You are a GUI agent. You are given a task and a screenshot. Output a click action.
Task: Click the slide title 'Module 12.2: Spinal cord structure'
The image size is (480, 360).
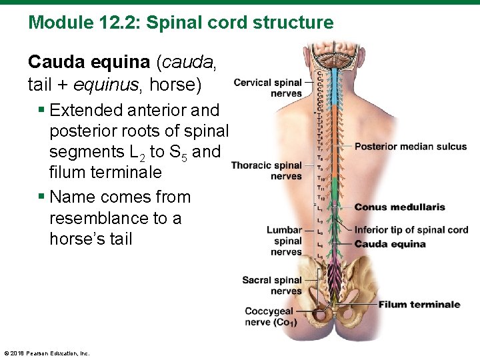coord(181,23)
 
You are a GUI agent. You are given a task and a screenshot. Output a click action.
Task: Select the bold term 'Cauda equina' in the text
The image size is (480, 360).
coord(89,62)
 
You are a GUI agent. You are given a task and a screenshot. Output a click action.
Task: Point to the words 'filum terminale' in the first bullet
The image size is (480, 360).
coord(105,173)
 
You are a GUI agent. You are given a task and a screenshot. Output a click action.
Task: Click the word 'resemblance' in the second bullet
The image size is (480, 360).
coord(101,218)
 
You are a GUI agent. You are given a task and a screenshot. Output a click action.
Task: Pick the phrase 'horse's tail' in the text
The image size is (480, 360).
coord(91,239)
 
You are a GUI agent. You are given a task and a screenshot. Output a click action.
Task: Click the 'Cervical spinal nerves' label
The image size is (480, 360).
coord(267,88)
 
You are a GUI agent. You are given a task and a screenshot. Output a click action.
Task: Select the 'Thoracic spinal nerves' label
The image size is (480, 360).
coord(267,171)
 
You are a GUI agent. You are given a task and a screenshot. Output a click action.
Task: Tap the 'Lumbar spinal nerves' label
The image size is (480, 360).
coord(285,241)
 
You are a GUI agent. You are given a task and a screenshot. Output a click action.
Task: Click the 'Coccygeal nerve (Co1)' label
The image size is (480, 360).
coord(271,317)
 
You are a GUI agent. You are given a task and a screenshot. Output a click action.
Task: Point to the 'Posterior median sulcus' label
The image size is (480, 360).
coord(411,147)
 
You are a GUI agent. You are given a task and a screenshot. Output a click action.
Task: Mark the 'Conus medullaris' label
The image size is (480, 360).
coord(400,207)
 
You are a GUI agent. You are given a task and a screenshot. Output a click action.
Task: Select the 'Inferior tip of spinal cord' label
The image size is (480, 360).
coord(411,230)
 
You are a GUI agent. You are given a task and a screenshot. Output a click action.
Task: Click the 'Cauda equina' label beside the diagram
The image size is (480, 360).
coord(390,244)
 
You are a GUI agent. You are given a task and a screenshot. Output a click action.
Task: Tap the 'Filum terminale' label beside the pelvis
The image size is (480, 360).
coord(419,305)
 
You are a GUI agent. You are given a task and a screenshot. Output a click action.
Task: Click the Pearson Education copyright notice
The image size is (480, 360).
coord(47,353)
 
